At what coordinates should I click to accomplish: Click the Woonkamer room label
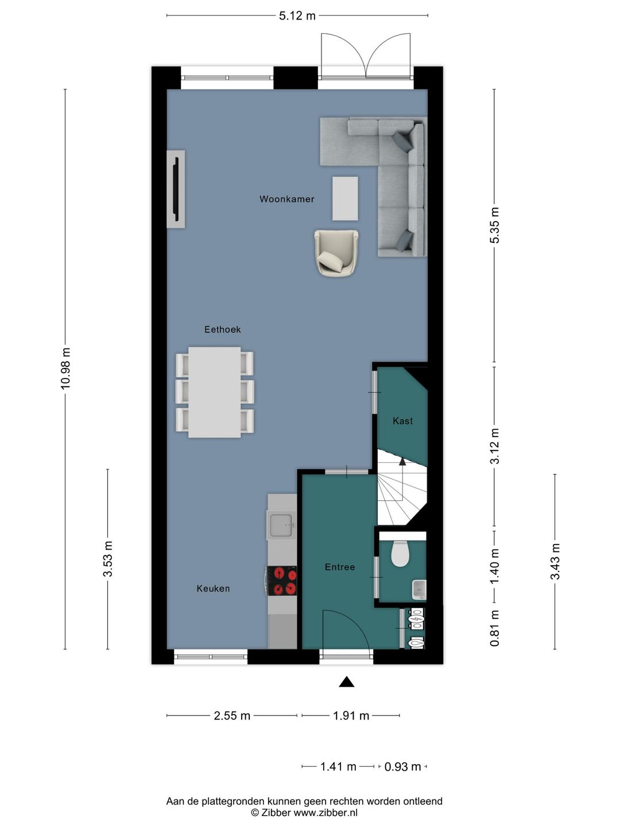coord(287,199)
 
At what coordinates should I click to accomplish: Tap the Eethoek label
coord(223,329)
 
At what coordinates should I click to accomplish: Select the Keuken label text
coord(213,588)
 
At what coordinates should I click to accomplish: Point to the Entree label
coord(340,567)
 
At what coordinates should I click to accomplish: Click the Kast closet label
coord(403,420)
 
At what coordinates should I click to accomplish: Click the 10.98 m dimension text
coord(65,369)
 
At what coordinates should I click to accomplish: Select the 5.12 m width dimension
coord(297,16)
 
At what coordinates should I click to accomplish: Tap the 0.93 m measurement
coord(402,766)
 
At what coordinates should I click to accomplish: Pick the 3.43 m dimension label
coord(555,561)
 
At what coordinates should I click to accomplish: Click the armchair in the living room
coord(336,253)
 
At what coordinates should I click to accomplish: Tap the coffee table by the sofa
coord(345,199)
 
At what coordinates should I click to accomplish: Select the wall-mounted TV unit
coord(176,189)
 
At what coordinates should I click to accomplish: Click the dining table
coord(215,392)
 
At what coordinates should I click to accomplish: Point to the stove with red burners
coord(282,581)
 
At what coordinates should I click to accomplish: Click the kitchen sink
coord(281,524)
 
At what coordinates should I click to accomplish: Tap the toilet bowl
coord(400,554)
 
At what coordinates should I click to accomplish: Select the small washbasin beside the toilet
coord(419,589)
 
